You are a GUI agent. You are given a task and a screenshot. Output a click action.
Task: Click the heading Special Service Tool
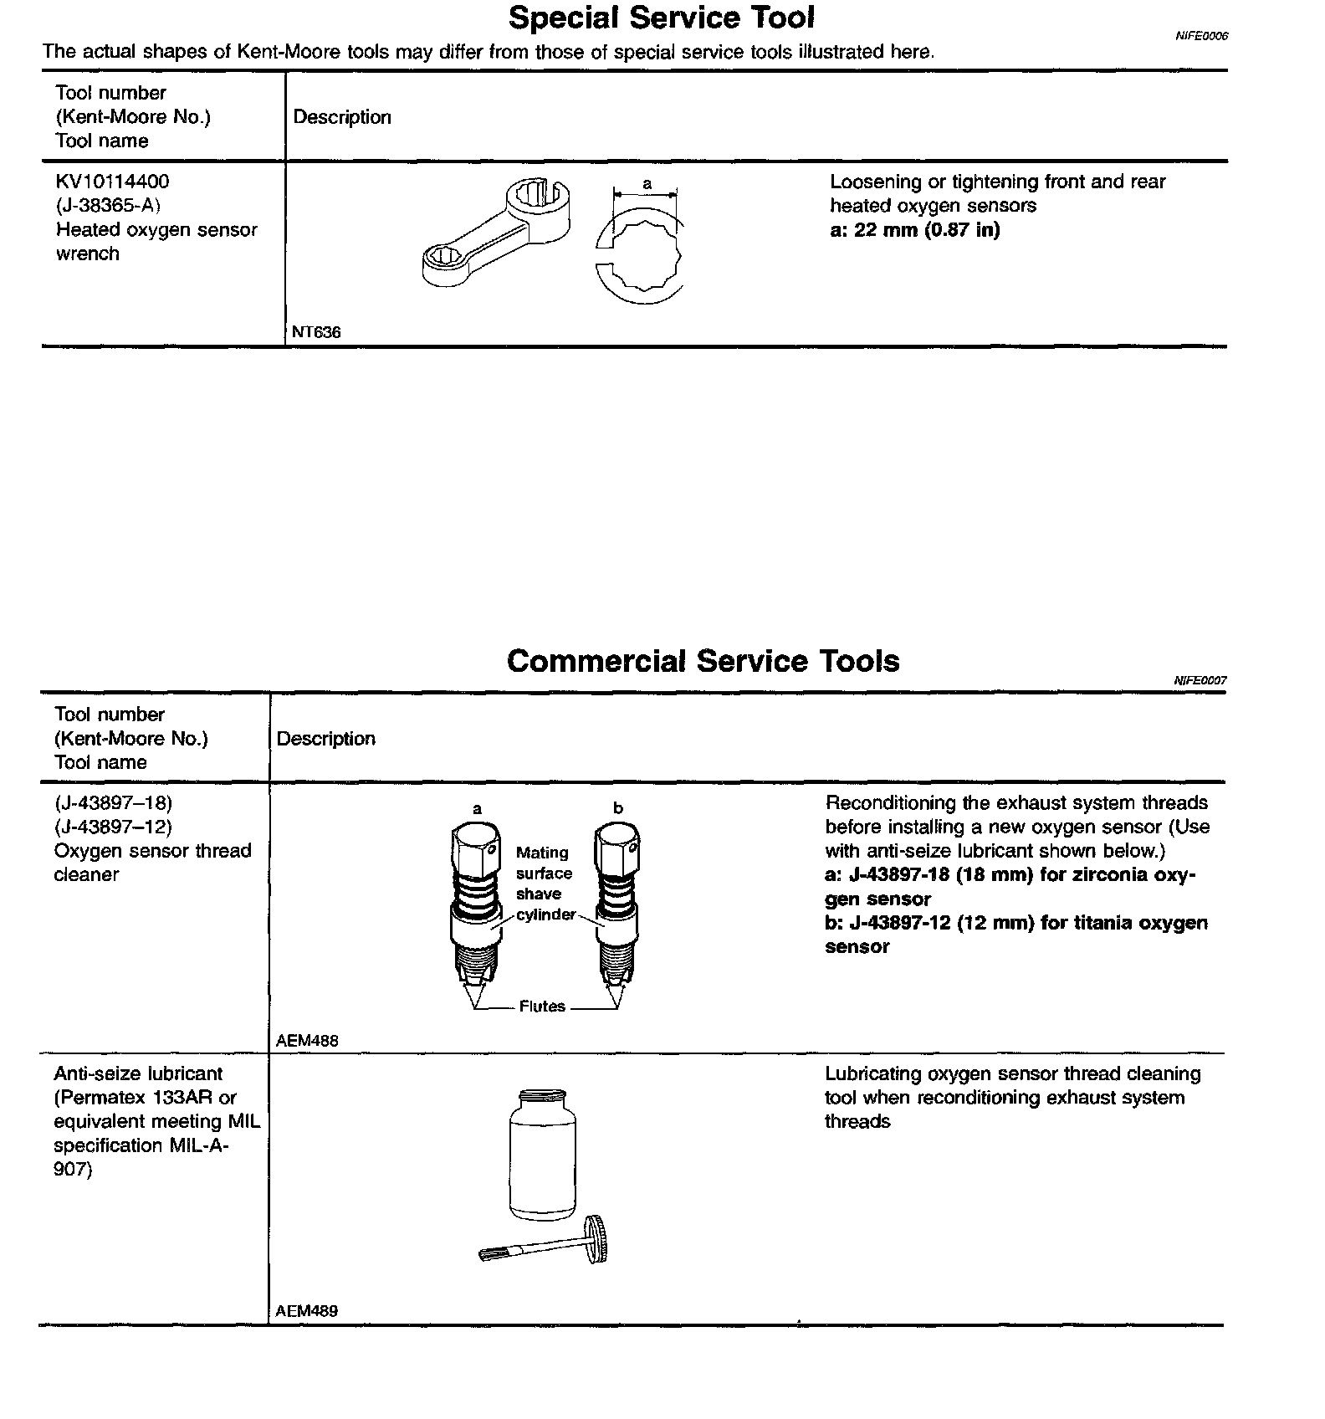(x=661, y=18)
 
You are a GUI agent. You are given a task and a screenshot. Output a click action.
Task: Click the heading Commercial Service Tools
(x=703, y=661)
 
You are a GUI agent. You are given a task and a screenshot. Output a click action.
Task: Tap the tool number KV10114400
(x=112, y=182)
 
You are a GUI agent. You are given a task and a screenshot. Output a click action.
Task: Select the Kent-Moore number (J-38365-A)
(x=108, y=205)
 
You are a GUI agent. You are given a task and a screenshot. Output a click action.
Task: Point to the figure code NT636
(x=316, y=332)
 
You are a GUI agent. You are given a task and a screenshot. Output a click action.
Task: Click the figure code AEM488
(x=307, y=1041)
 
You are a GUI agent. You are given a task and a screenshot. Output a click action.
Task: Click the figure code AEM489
(x=307, y=1311)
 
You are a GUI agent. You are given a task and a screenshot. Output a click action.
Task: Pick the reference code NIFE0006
(x=1201, y=37)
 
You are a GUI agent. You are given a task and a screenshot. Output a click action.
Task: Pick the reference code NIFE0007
(x=1200, y=681)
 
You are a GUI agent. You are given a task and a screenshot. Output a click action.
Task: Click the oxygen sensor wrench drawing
(x=495, y=231)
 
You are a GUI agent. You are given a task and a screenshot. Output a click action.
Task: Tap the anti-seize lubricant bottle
(x=542, y=1154)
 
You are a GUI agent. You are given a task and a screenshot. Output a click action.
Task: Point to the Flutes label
(x=542, y=1007)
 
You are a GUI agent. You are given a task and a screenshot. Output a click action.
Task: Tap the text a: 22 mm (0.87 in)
(x=914, y=229)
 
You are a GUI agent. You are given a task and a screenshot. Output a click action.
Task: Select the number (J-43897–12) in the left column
(x=113, y=827)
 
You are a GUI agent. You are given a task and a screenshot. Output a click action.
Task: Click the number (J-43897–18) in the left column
(x=113, y=803)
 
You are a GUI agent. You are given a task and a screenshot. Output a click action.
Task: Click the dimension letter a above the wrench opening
(x=647, y=183)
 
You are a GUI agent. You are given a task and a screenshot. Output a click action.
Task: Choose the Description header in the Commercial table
(x=325, y=739)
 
